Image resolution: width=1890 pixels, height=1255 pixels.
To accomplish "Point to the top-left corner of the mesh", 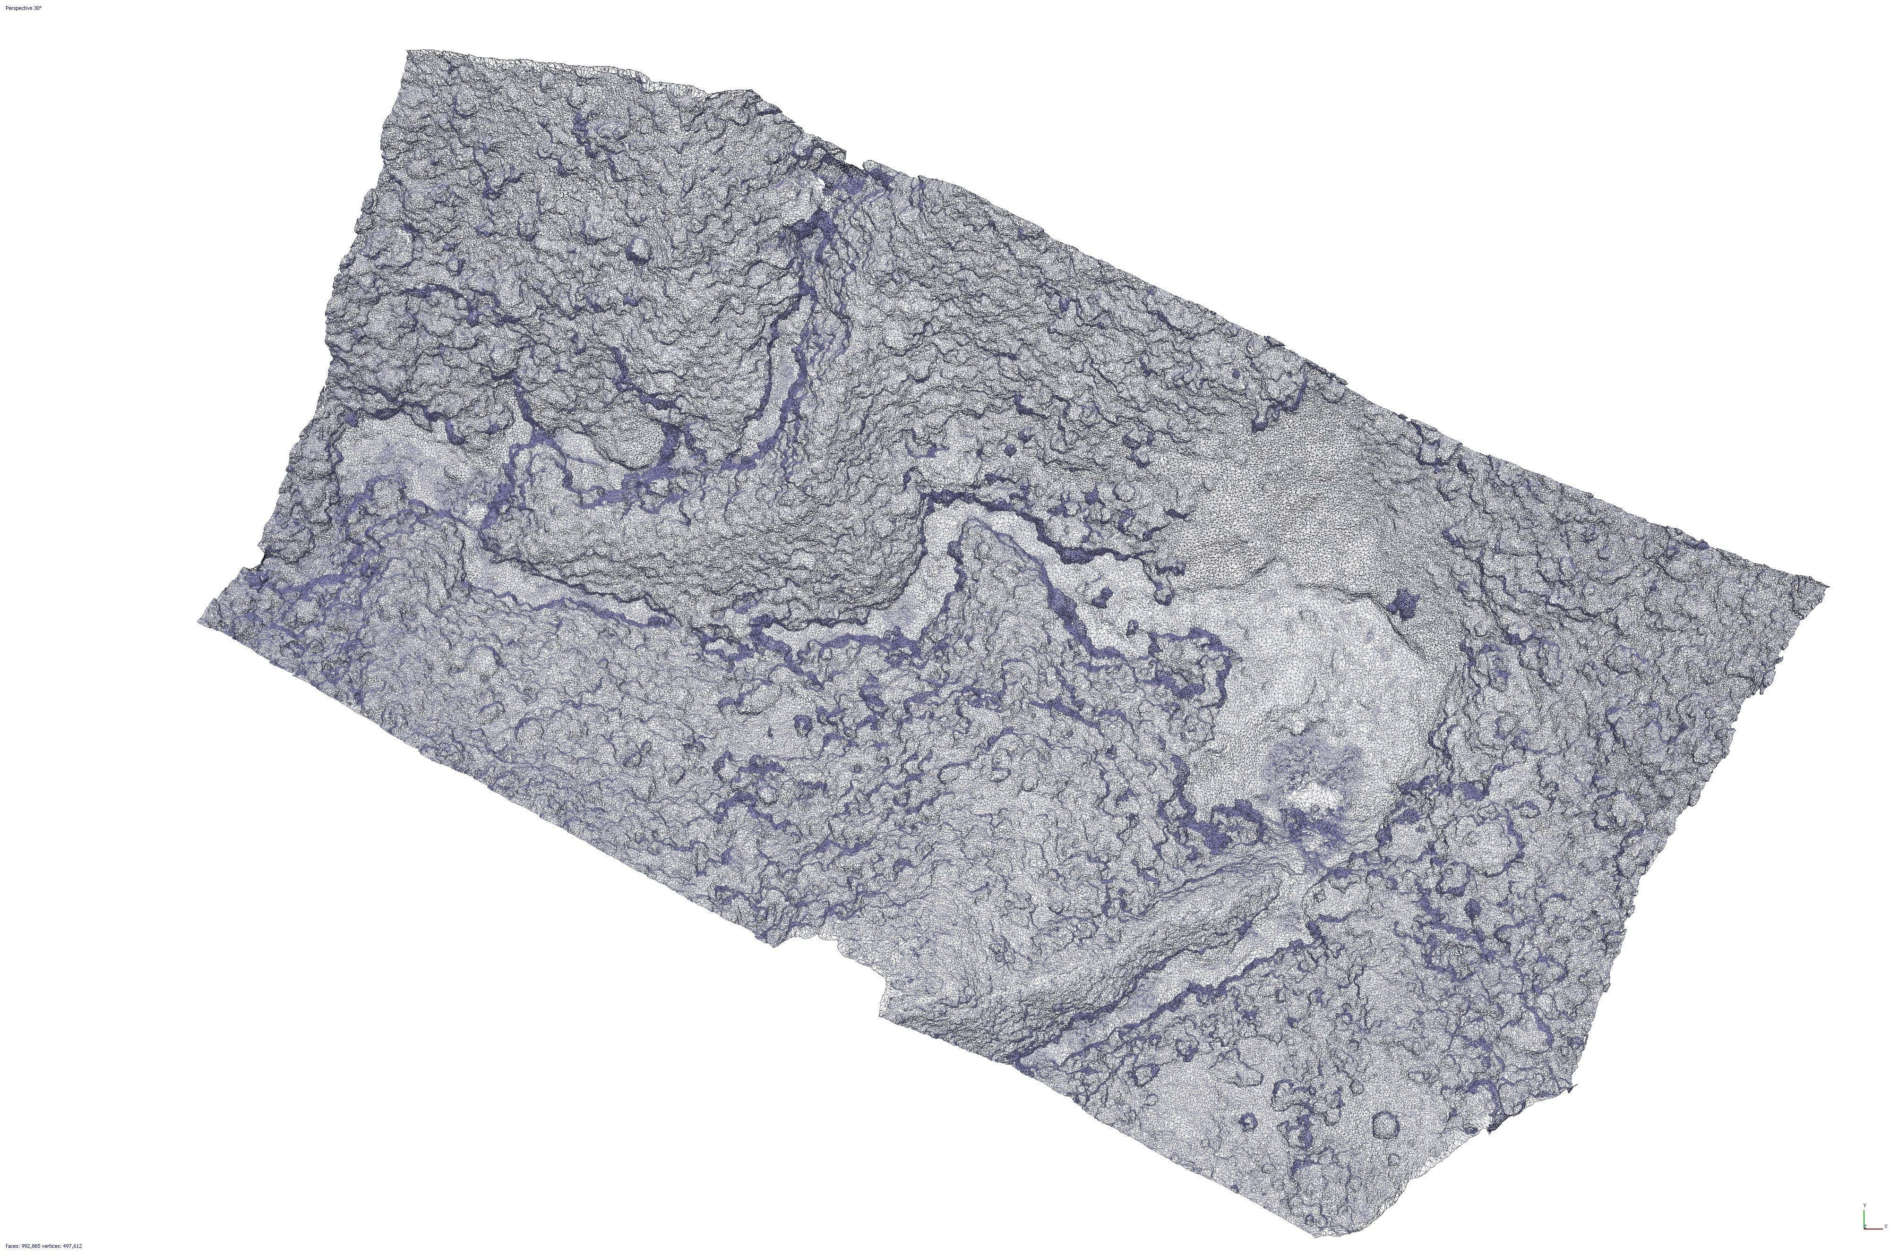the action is (x=408, y=51).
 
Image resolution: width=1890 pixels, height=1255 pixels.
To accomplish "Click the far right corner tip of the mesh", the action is (x=1829, y=586).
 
